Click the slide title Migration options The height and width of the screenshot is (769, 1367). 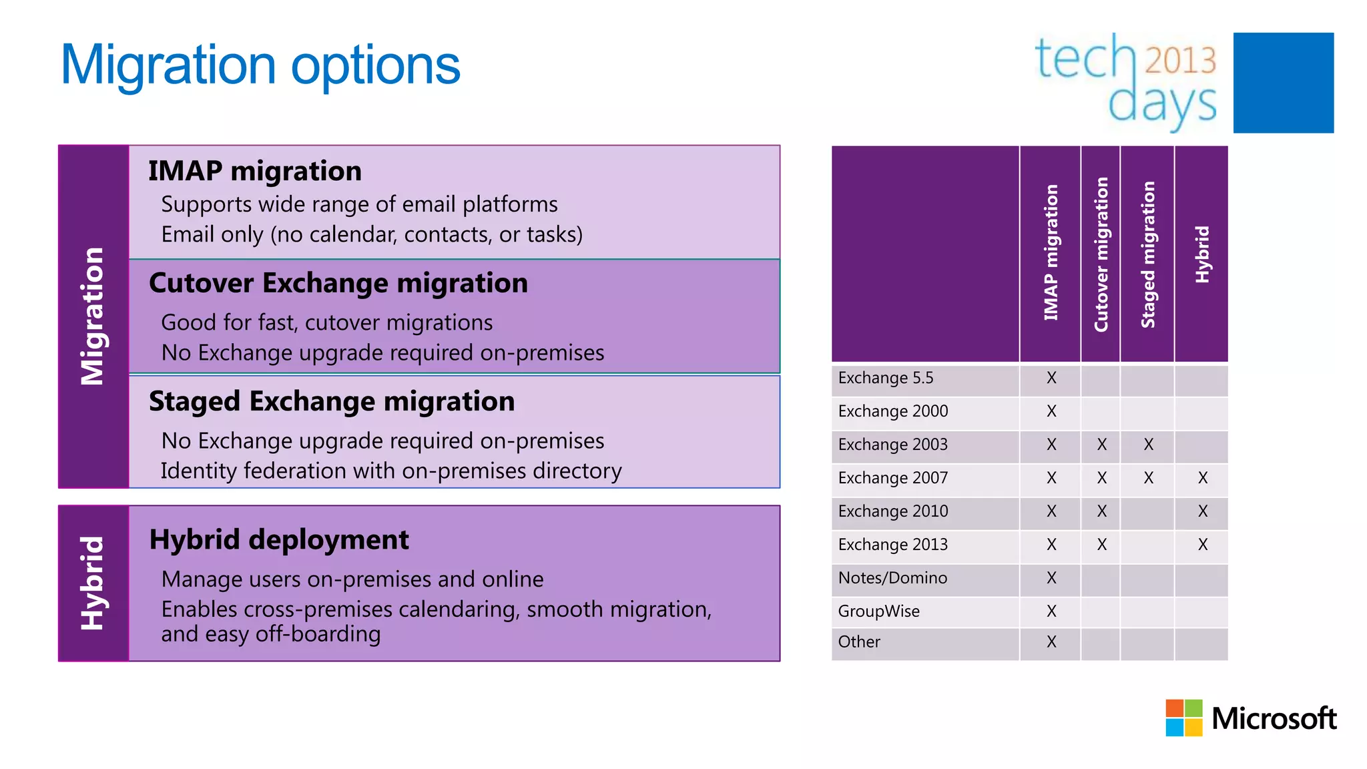(260, 65)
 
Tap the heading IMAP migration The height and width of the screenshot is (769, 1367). (254, 171)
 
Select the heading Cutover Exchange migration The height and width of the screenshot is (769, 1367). (338, 283)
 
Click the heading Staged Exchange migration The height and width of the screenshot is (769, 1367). (331, 401)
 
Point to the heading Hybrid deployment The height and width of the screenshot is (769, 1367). (278, 539)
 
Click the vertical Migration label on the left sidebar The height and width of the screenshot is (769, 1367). (93, 316)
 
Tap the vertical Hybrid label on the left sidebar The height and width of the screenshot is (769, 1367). (93, 583)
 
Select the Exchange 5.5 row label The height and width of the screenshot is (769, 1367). (885, 378)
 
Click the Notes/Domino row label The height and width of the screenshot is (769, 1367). (892, 578)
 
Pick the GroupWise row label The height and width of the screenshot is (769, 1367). (878, 611)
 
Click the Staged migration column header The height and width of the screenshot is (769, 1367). (1147, 254)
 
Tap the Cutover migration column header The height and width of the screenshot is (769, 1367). (1101, 254)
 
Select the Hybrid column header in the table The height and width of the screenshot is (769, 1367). (1201, 254)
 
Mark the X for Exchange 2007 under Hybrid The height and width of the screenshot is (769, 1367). (1202, 478)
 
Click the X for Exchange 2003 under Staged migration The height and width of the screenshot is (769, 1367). (1148, 445)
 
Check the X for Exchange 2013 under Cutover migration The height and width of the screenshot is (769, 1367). (1101, 545)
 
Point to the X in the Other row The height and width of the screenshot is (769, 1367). (1051, 642)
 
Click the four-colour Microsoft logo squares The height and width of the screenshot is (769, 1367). (1183, 718)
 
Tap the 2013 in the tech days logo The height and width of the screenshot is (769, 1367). (1180, 61)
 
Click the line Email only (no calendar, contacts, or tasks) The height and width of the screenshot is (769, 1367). (372, 235)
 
